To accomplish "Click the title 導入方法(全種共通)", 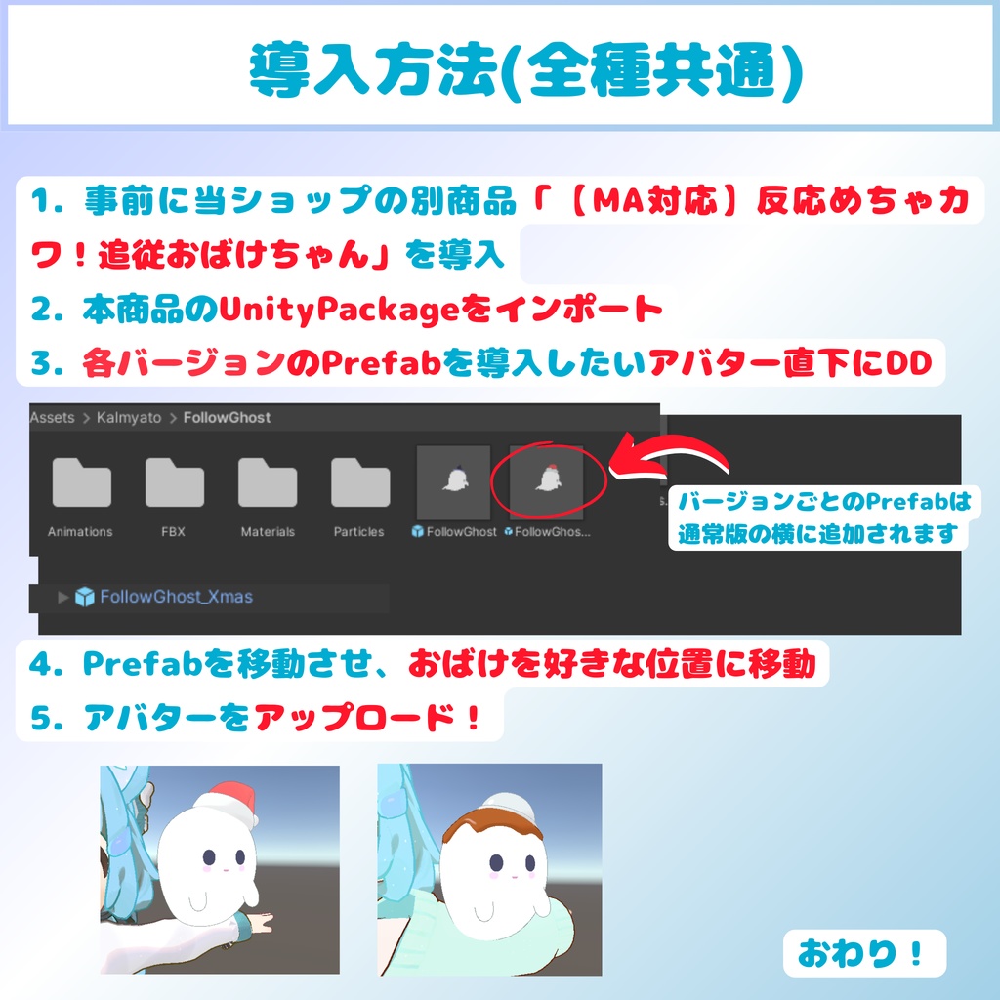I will pyautogui.click(x=525, y=71).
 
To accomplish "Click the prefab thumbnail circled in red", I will pyautogui.click(x=547, y=481).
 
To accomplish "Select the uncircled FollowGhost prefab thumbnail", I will pyautogui.click(x=453, y=481).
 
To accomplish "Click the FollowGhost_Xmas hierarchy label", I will pyautogui.click(x=176, y=597).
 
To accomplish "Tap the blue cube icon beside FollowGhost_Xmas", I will pyautogui.click(x=85, y=597).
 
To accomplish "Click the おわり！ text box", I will pyautogui.click(x=864, y=953).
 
